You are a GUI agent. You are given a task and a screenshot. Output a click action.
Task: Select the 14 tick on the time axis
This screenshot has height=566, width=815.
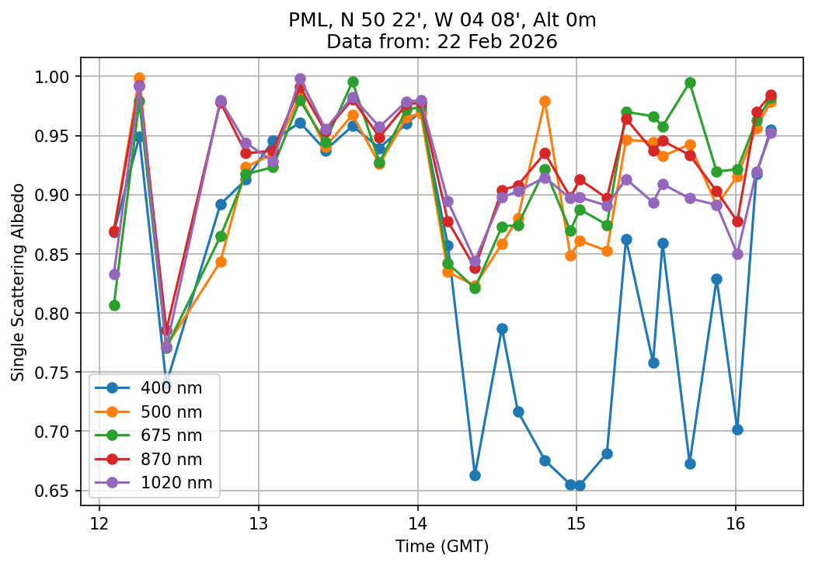tap(417, 521)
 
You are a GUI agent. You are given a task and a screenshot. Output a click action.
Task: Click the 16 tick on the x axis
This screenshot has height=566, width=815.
tap(736, 521)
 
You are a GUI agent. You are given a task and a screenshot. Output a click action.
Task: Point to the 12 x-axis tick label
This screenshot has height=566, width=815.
tap(99, 521)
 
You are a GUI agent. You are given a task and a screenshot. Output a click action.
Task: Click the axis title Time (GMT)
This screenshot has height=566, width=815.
tap(441, 547)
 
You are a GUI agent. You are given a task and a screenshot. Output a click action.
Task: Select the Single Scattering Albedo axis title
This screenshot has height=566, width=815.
tap(18, 282)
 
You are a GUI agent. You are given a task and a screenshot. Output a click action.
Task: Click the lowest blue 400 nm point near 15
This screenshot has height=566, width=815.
tap(580, 485)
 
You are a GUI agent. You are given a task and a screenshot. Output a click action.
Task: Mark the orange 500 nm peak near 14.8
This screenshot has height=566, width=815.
tap(545, 101)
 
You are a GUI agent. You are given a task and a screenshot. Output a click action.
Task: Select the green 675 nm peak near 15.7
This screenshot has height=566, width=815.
tap(690, 82)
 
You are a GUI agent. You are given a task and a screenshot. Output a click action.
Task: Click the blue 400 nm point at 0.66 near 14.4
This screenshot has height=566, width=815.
tap(475, 475)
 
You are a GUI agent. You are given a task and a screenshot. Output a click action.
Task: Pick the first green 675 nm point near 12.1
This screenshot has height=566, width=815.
tap(114, 305)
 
